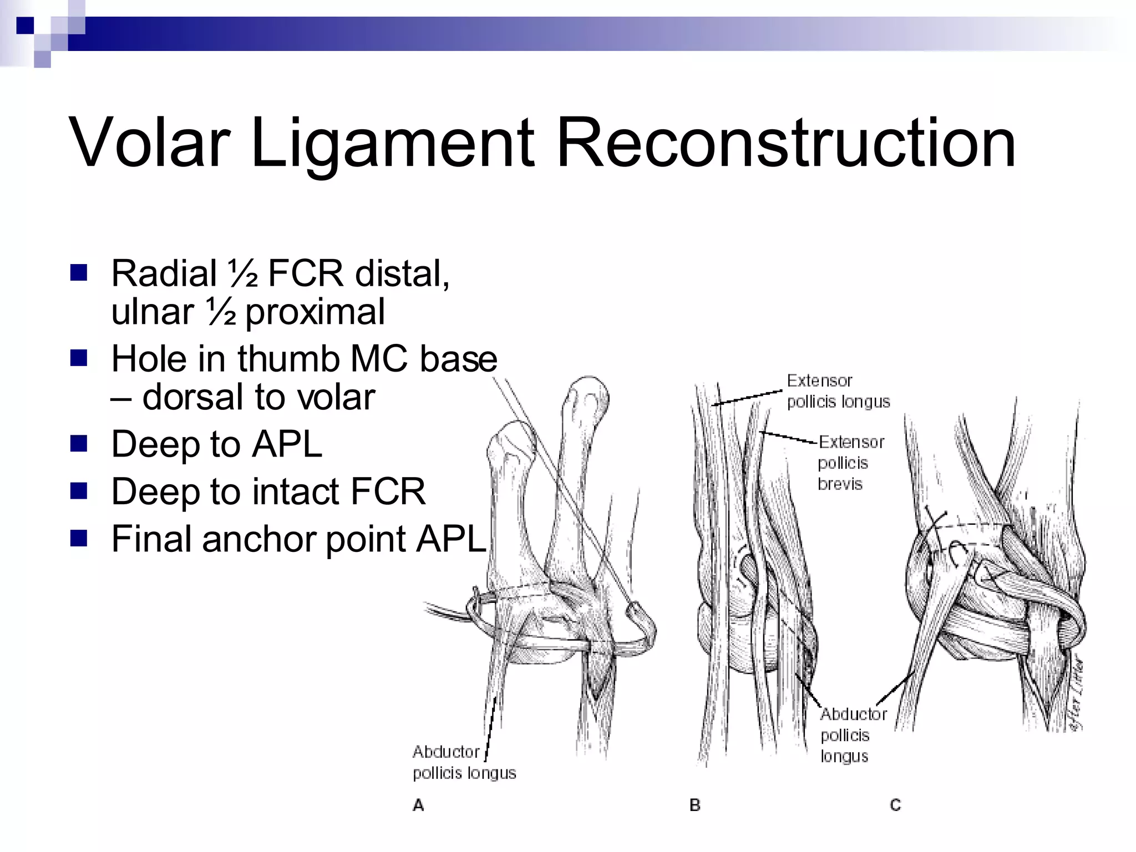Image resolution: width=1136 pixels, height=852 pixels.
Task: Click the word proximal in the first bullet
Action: (315, 312)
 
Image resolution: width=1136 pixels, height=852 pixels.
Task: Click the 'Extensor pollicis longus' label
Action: (838, 391)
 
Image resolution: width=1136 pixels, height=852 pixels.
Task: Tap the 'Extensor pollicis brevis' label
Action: (850, 463)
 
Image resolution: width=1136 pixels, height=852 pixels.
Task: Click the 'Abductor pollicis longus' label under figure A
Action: (464, 762)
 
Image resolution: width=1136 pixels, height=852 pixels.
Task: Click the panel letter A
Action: (418, 805)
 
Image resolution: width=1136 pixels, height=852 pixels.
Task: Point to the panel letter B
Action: (694, 805)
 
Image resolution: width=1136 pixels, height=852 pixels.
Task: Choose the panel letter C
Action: (895, 805)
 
